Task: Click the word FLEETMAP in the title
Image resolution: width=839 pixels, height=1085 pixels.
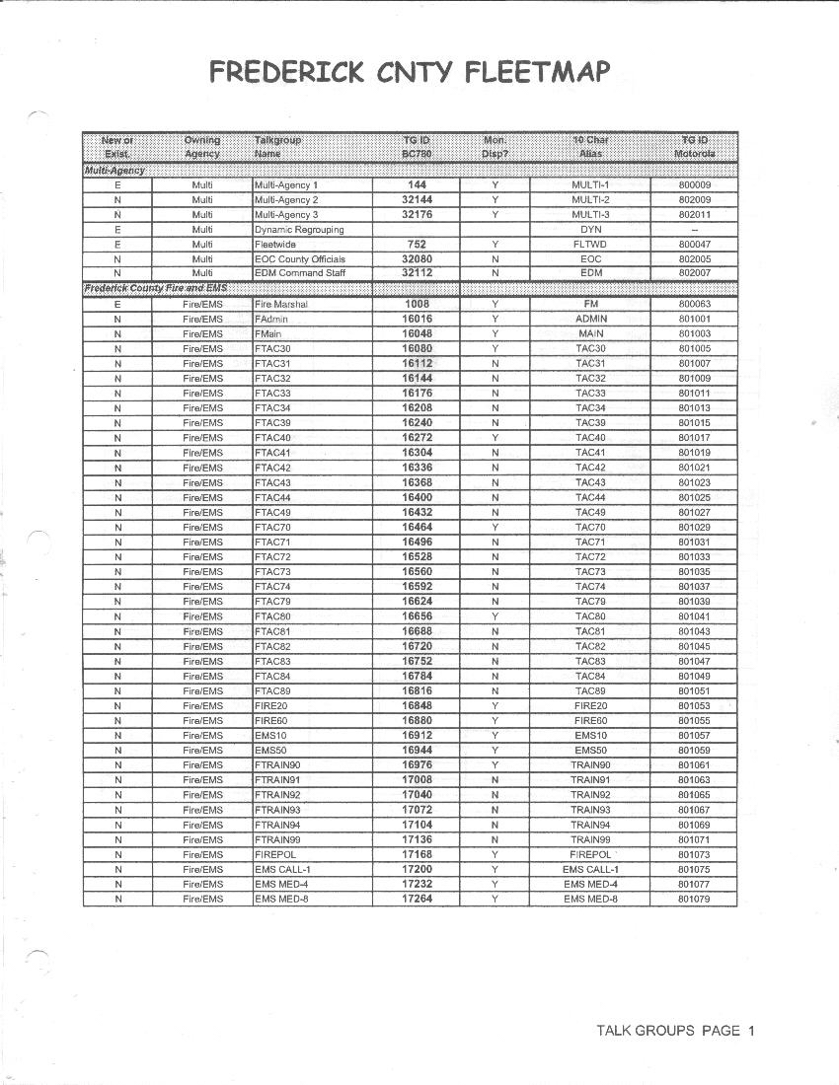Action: [x=533, y=72]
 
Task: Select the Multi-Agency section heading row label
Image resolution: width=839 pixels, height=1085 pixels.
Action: [x=114, y=170]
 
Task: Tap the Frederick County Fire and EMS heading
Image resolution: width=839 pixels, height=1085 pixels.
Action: [x=154, y=287]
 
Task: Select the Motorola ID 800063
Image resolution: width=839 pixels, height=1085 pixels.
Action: [x=694, y=305]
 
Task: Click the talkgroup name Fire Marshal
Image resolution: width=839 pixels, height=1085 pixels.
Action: [x=281, y=305]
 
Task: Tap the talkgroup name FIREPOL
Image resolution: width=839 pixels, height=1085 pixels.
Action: [x=276, y=854]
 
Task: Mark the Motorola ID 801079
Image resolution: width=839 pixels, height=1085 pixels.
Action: [x=694, y=899]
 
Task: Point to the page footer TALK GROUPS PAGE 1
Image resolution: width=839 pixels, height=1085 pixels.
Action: [x=675, y=1031]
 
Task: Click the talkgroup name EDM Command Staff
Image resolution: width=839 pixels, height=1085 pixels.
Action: [x=301, y=274]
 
